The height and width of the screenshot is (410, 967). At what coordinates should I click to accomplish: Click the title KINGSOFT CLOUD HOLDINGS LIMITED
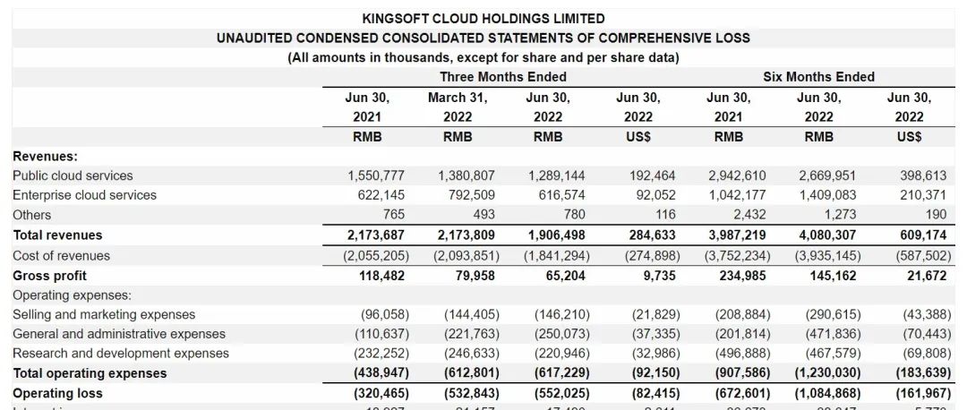[483, 18]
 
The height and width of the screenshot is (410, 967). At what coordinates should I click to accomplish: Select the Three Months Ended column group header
[502, 77]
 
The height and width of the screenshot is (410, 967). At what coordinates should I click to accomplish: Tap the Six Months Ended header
[818, 77]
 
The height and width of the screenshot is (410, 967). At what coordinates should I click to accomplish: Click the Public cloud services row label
[73, 175]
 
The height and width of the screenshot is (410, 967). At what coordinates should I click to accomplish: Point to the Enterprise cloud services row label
[84, 195]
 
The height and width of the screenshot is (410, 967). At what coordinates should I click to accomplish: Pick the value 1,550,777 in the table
[376, 175]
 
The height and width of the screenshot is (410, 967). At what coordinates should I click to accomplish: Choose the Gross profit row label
[50, 276]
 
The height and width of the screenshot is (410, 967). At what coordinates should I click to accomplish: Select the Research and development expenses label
[121, 354]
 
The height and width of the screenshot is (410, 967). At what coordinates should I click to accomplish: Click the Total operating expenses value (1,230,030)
[829, 373]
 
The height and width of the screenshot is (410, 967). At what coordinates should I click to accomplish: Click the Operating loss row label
[57, 393]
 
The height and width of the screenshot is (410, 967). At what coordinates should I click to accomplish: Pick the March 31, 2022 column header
[458, 107]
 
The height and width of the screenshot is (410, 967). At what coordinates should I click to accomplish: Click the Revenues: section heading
[45, 156]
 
